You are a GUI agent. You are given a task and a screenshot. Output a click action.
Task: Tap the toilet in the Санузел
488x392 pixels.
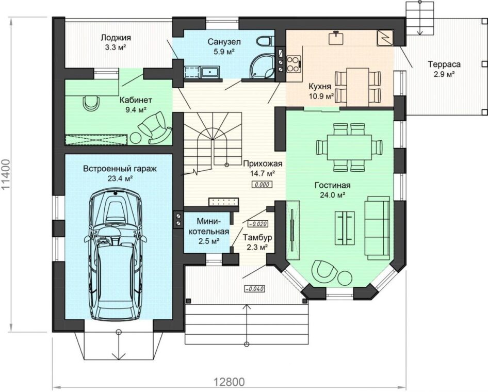click(266, 41)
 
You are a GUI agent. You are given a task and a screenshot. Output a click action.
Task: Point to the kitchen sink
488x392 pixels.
click(336, 38)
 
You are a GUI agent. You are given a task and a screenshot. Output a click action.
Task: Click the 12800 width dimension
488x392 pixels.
click(230, 381)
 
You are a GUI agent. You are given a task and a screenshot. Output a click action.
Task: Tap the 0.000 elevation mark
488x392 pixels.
click(262, 185)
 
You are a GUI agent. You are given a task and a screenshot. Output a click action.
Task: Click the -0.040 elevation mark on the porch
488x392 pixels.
click(255, 289)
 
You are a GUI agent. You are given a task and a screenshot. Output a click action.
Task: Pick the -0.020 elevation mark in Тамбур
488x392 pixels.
click(257, 223)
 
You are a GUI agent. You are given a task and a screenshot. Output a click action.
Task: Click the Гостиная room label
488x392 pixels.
click(332, 185)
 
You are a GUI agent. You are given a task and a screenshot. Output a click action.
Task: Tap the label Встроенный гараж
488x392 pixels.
click(120, 169)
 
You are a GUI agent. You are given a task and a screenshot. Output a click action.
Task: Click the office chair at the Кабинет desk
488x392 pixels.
click(91, 103)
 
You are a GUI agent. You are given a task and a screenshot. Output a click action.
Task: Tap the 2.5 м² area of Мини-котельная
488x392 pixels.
click(208, 241)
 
